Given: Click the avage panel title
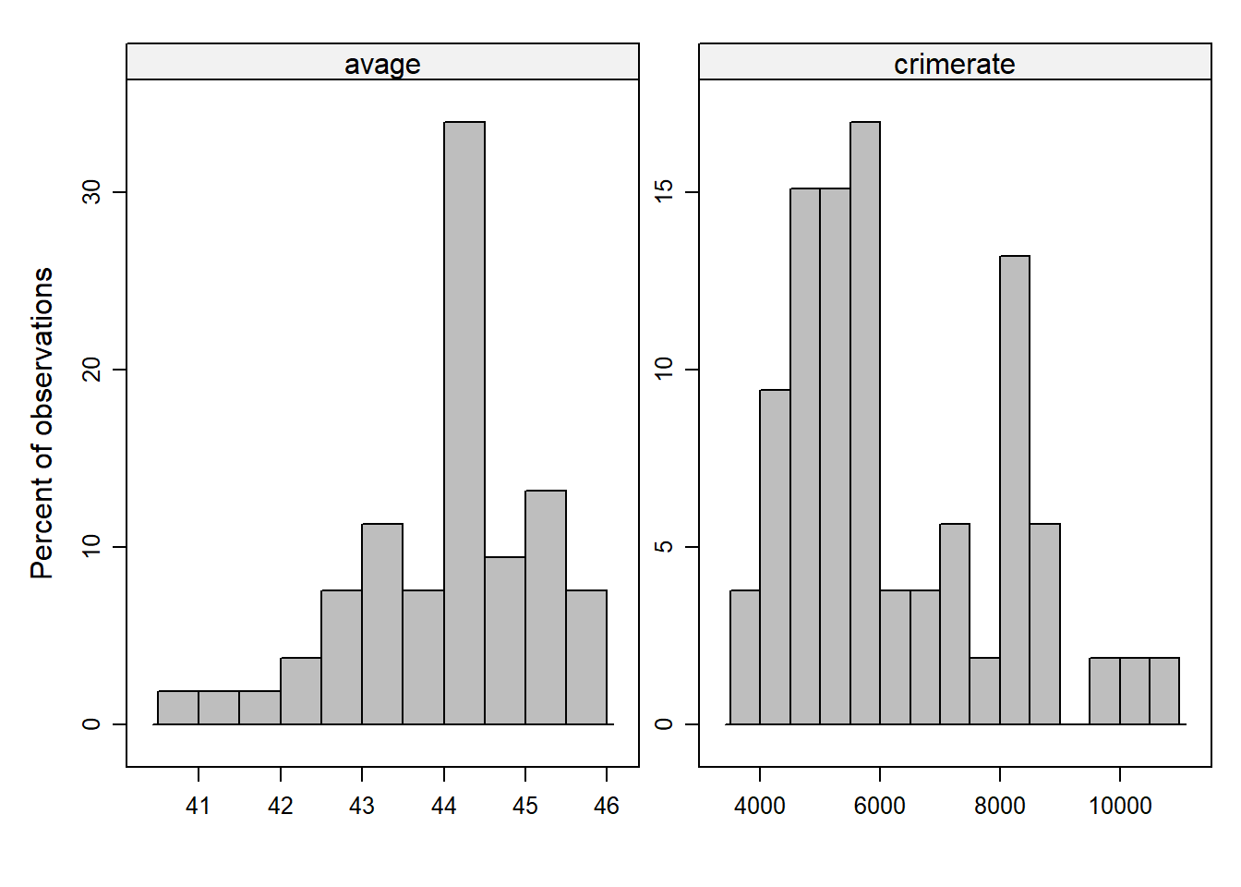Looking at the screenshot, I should [x=382, y=64].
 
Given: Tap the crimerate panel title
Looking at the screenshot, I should [x=954, y=64].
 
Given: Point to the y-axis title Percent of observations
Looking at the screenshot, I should [x=42, y=423].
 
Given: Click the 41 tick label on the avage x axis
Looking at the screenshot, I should [x=199, y=806].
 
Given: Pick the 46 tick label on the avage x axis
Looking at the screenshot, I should [x=607, y=806].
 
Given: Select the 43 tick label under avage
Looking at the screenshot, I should [x=362, y=806].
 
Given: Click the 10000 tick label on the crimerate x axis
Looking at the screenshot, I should [x=1119, y=806].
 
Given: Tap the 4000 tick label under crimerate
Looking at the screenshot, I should [x=760, y=806].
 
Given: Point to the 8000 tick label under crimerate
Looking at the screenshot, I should [x=999, y=806].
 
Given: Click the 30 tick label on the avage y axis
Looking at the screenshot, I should [x=91, y=192].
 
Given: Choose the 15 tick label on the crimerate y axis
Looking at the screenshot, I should [x=664, y=192].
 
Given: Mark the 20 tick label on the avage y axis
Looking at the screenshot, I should [x=91, y=370].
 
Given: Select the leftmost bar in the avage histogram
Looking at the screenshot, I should [x=178, y=708].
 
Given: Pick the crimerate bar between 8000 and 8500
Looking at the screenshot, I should [x=1014, y=490].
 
